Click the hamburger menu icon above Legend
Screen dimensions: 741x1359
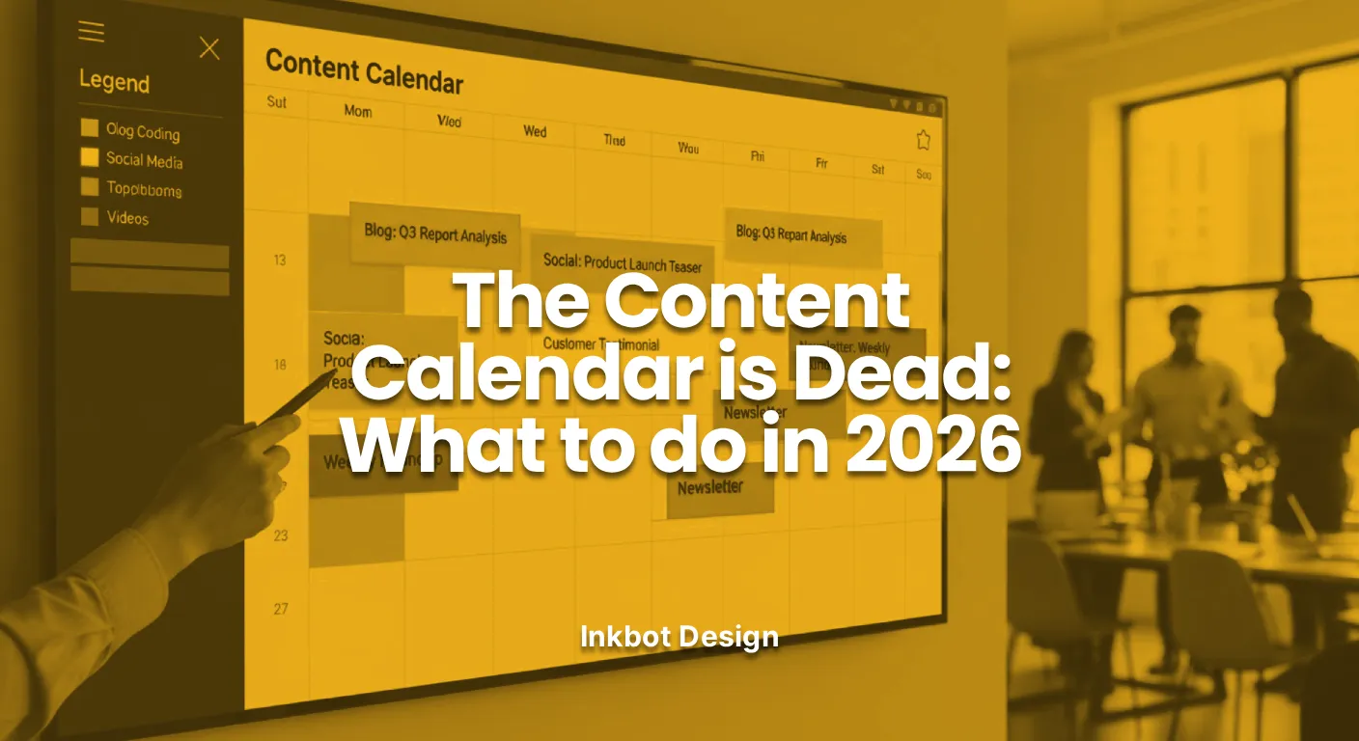91,32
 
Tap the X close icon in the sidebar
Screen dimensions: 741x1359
209,48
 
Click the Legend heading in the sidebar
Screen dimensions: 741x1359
114,81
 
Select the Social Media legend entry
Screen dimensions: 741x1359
144,160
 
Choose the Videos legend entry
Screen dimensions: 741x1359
127,218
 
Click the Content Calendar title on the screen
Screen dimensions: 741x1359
364,70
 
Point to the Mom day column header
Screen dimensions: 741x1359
357,111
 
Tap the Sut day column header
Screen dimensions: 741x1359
276,102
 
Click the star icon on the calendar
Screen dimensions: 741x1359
923,141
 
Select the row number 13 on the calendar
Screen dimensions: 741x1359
280,260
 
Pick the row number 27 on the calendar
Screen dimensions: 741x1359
280,609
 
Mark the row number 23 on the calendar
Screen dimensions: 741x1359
280,535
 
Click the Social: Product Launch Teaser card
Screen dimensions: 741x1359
622,262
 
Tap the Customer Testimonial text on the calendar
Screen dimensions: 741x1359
600,344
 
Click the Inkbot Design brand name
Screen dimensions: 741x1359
679,636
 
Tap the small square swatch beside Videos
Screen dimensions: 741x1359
90,216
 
